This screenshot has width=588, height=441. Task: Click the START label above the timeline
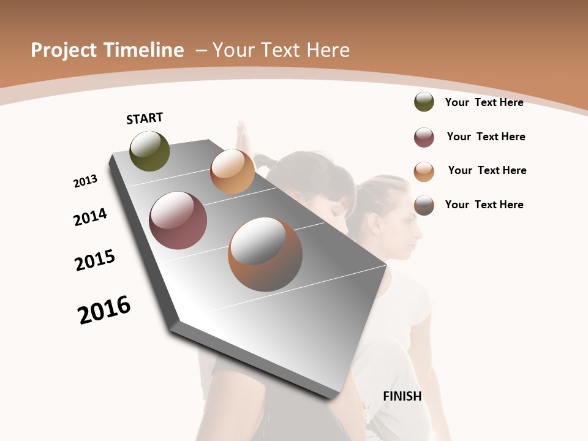tap(145, 118)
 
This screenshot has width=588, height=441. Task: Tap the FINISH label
tap(402, 396)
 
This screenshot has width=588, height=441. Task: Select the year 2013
tap(85, 181)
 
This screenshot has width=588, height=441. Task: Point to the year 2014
tap(90, 217)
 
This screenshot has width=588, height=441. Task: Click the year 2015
tap(95, 260)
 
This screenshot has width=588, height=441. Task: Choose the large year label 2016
tap(104, 310)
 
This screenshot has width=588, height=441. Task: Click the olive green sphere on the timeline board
tap(149, 151)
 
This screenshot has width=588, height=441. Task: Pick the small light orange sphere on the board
tap(232, 171)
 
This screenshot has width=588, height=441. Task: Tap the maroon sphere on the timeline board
tap(178, 221)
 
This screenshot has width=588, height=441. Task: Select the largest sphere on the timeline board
tap(265, 254)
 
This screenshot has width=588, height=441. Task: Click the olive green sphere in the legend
tap(424, 102)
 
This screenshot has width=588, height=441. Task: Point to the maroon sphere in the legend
tap(424, 137)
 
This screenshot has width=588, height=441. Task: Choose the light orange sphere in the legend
tap(424, 171)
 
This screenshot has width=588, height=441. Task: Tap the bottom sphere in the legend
tap(424, 205)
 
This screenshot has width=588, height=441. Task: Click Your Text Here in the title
tap(281, 50)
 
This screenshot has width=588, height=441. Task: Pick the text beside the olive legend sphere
tap(484, 102)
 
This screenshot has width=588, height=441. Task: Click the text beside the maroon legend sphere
tap(486, 137)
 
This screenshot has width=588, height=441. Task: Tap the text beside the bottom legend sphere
tap(484, 205)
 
